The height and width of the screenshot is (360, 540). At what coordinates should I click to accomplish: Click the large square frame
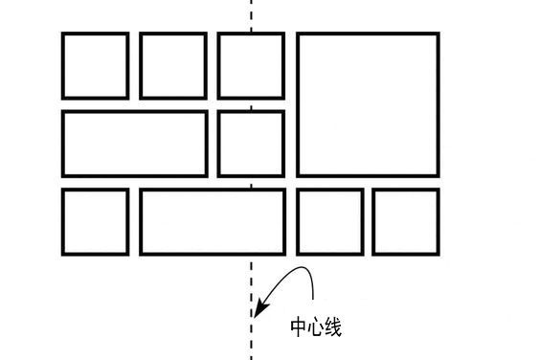368,104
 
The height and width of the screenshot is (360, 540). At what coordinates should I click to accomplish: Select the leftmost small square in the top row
95,65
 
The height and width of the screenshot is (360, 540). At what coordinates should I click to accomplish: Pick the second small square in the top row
173,65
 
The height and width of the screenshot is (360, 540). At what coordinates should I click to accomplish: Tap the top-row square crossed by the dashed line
251,65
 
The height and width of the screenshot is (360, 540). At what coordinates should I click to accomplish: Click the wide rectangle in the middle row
134,144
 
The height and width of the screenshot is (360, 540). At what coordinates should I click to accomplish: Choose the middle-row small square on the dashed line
251,144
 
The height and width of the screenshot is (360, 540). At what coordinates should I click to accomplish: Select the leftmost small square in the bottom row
95,221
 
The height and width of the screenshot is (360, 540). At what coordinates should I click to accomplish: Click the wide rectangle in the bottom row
213,221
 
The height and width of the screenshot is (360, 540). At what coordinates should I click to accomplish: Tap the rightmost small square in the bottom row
406,221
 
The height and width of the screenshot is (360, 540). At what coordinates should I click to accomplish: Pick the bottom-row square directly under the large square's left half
330,221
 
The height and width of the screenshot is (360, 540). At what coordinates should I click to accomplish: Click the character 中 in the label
299,327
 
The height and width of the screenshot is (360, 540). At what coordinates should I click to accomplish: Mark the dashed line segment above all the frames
251,14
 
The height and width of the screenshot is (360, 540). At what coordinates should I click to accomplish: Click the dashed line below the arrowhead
251,340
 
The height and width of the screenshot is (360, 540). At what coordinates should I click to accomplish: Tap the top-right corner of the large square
438,34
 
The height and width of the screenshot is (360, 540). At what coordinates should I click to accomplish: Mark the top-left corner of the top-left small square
63,34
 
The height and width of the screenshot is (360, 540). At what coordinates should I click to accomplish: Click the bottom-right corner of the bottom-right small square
438,254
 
